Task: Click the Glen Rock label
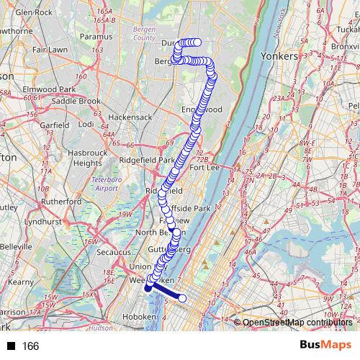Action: pyautogui.click(x=34, y=13)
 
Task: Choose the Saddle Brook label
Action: pyautogui.click(x=76, y=102)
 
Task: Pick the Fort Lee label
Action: pyautogui.click(x=204, y=168)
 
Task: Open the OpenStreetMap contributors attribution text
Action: pyautogui.click(x=297, y=323)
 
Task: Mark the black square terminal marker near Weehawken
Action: pyautogui.click(x=148, y=288)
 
